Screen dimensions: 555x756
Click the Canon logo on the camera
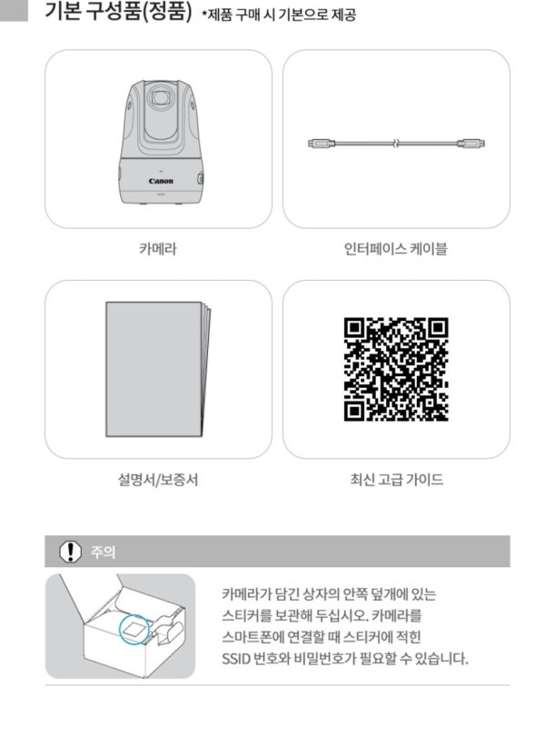coord(161,181)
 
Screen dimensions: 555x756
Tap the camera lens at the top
coord(159,98)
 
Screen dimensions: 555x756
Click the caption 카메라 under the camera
coord(158,249)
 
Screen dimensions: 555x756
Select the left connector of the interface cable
coord(321,144)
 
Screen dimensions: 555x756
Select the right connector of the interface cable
coord(471,144)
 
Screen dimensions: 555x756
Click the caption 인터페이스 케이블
coord(395,249)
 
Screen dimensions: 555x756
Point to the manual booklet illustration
coord(158,369)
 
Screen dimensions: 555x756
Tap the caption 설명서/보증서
coord(158,480)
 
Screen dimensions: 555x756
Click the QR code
coord(396,369)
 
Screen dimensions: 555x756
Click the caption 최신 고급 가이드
coord(397,480)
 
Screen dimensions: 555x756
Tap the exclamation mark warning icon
coord(70,552)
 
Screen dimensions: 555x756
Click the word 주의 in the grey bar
coord(104,552)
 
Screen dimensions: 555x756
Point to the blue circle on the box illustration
coord(135,630)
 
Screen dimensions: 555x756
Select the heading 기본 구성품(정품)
coord(118,11)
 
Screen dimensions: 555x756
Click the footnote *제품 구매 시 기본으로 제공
coord(279,15)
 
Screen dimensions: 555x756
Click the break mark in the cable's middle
coord(395,144)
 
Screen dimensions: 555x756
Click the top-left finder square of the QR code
coord(355,328)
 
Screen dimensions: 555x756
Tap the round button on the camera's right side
coord(200,179)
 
